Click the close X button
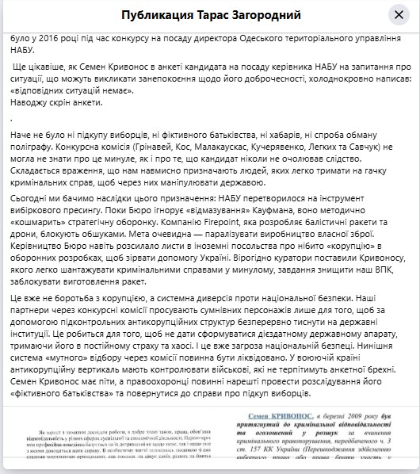pos(399,16)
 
